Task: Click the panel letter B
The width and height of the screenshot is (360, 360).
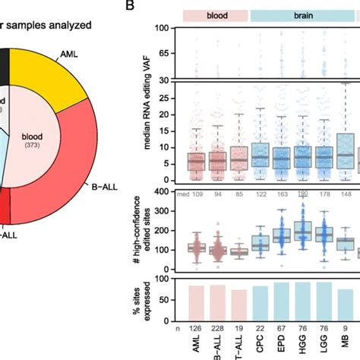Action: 130,6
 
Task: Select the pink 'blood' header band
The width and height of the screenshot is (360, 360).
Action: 216,14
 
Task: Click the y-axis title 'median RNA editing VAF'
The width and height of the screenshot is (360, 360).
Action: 142,106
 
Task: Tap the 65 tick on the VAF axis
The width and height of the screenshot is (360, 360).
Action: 163,53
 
